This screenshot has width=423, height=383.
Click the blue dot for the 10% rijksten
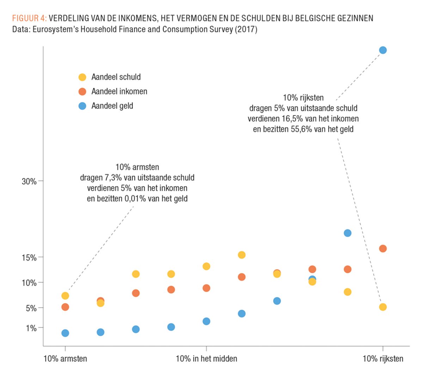click(383, 50)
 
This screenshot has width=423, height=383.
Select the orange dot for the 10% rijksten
click(383, 249)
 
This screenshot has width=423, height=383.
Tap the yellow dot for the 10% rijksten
click(383, 307)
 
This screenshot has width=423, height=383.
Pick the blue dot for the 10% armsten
click(65, 333)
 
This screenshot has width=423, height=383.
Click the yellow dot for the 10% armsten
click(65, 296)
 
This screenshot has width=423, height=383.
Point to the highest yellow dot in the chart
click(241, 255)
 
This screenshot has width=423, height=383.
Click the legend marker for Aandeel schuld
click(82, 77)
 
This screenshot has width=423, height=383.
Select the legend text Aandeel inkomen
click(119, 92)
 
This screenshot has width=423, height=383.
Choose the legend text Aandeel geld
click(112, 106)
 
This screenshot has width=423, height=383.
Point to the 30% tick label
click(29, 181)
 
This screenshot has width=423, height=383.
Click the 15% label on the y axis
click(29, 258)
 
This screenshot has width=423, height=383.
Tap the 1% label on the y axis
click(31, 328)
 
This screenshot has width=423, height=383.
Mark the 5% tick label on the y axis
click(31, 308)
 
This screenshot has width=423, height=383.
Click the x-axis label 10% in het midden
click(206, 359)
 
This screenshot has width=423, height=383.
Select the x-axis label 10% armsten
click(65, 359)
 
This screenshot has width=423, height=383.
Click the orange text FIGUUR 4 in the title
click(29, 18)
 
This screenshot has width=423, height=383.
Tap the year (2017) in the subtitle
click(245, 29)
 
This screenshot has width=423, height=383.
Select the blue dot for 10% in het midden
click(207, 321)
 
